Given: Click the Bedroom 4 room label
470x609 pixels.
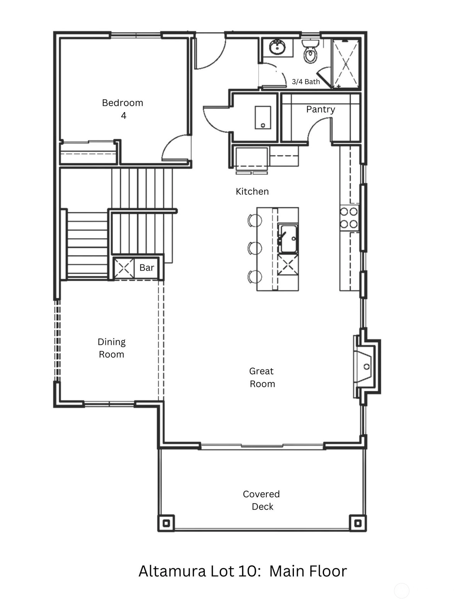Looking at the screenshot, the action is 122,109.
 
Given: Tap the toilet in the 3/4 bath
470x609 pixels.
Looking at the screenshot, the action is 310,51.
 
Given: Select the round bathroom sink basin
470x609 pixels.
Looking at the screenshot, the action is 277,47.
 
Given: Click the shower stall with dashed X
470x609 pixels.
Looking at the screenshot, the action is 346,64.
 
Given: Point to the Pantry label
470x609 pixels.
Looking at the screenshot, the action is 321,109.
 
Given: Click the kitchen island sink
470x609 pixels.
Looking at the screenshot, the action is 287,239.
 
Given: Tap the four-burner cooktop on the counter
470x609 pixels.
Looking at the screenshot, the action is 349,218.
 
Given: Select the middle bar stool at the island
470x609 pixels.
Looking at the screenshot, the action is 255,248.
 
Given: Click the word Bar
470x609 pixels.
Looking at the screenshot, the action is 147,268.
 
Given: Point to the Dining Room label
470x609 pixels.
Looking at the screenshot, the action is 111,348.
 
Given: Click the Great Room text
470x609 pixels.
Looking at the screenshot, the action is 262,377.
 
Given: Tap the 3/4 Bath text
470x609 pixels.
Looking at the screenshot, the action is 306,82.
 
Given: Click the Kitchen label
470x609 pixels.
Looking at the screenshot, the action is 252,191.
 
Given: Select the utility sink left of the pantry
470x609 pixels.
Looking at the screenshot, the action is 263,118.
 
